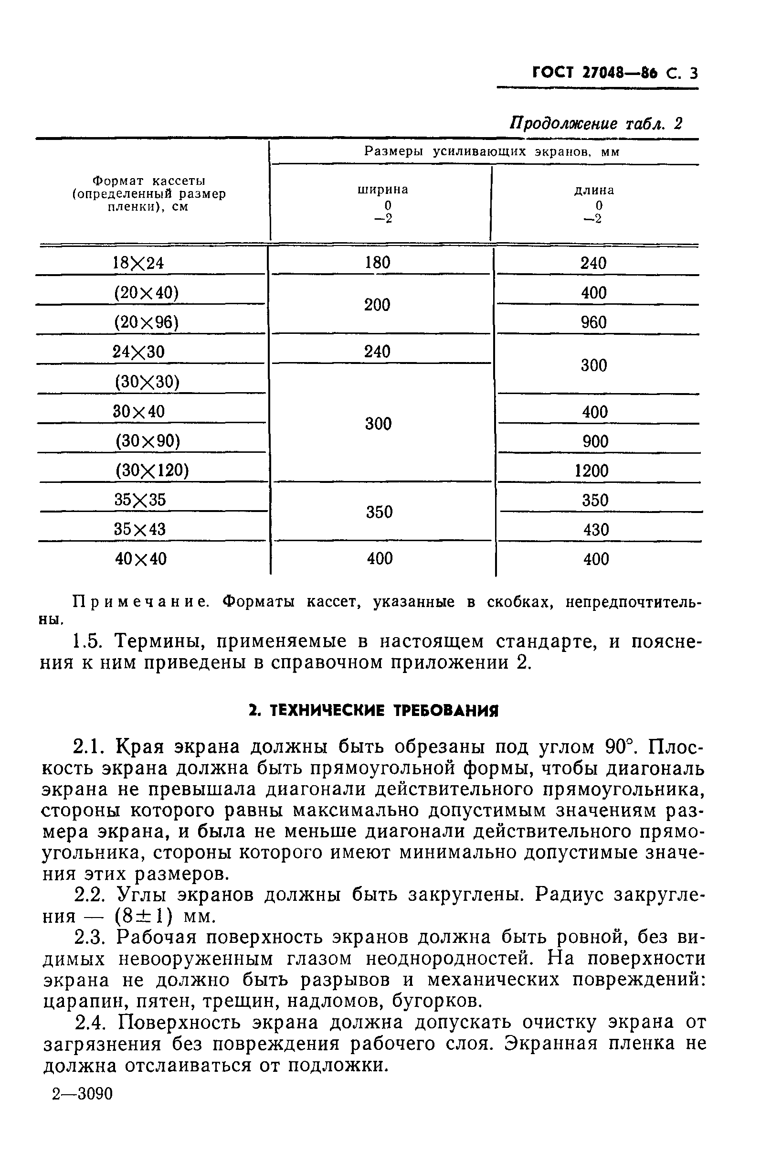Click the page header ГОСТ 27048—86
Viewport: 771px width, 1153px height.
click(x=595, y=73)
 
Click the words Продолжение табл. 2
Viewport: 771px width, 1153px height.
click(x=595, y=123)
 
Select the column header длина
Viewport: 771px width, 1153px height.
click(x=594, y=190)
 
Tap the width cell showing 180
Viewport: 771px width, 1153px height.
click(x=377, y=263)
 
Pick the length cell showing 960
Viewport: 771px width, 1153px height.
click(x=593, y=323)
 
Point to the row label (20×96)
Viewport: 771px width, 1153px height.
click(x=146, y=323)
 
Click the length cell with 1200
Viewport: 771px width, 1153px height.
click(x=591, y=471)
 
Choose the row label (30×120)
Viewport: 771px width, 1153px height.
click(x=152, y=471)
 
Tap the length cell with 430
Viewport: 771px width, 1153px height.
click(x=596, y=530)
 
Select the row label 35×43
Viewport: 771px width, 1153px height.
click(x=140, y=530)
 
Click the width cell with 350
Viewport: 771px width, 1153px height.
click(x=379, y=512)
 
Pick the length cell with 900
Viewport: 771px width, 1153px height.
click(x=595, y=441)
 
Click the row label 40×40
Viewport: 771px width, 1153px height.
click(x=141, y=559)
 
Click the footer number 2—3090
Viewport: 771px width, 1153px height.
click(x=83, y=1094)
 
